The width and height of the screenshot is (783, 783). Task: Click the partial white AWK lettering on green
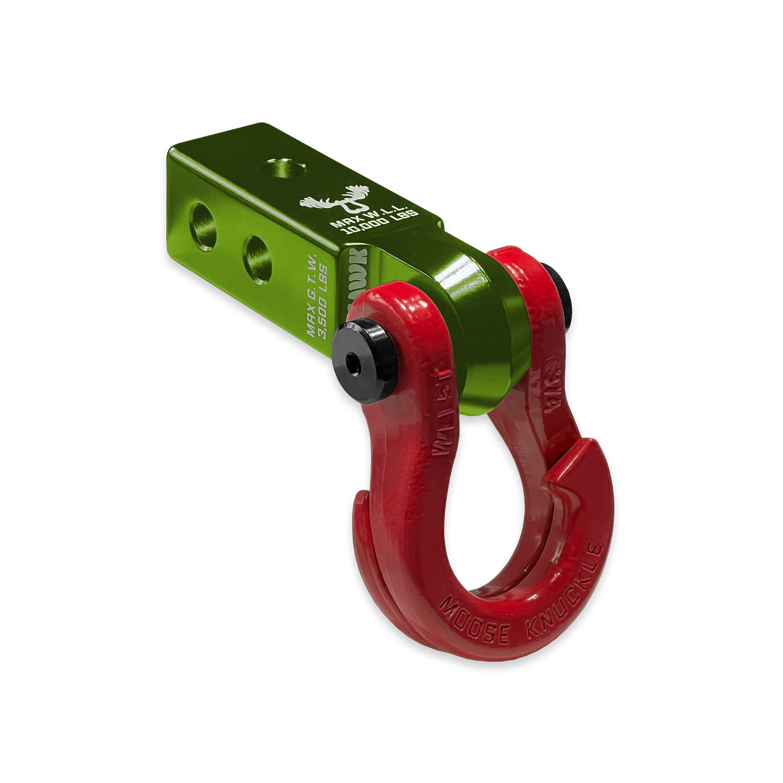(x=355, y=276)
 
